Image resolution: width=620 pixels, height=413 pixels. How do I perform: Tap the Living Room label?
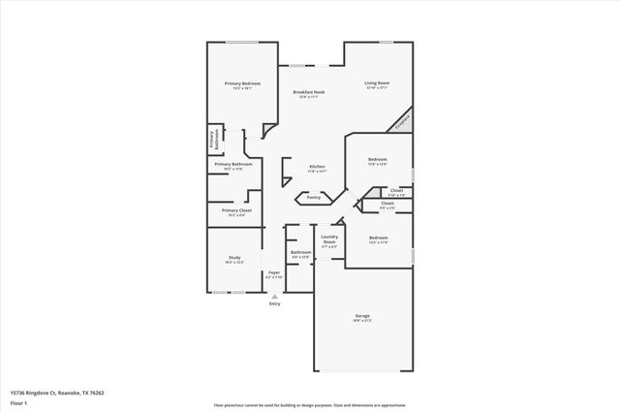pos(377,84)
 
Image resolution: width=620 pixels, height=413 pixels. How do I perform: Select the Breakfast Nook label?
pos(310,93)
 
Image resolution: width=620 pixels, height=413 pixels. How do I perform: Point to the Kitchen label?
pos(317,168)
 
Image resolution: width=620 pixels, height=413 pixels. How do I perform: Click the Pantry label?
pos(314,197)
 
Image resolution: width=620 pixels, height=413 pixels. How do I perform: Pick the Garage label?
pos(362,316)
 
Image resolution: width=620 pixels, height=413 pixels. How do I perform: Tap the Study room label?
pos(234,259)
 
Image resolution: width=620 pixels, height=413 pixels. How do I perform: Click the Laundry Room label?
pos(329,240)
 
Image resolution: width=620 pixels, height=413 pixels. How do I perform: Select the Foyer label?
pos(274,274)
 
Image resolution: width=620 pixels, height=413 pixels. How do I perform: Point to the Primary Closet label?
pos(235,211)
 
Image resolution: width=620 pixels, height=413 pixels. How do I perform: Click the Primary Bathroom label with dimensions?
pos(234,166)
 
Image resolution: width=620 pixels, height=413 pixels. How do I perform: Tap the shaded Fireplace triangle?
pos(401,122)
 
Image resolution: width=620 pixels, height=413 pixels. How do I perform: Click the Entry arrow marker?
pos(274,296)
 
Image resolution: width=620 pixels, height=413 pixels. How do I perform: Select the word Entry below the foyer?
pos(274,303)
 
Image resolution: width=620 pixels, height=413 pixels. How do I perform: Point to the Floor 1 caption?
pos(19,401)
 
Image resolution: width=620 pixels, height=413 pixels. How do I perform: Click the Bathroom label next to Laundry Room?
pos(300,253)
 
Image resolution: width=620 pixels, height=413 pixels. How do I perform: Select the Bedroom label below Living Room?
pos(377,161)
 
